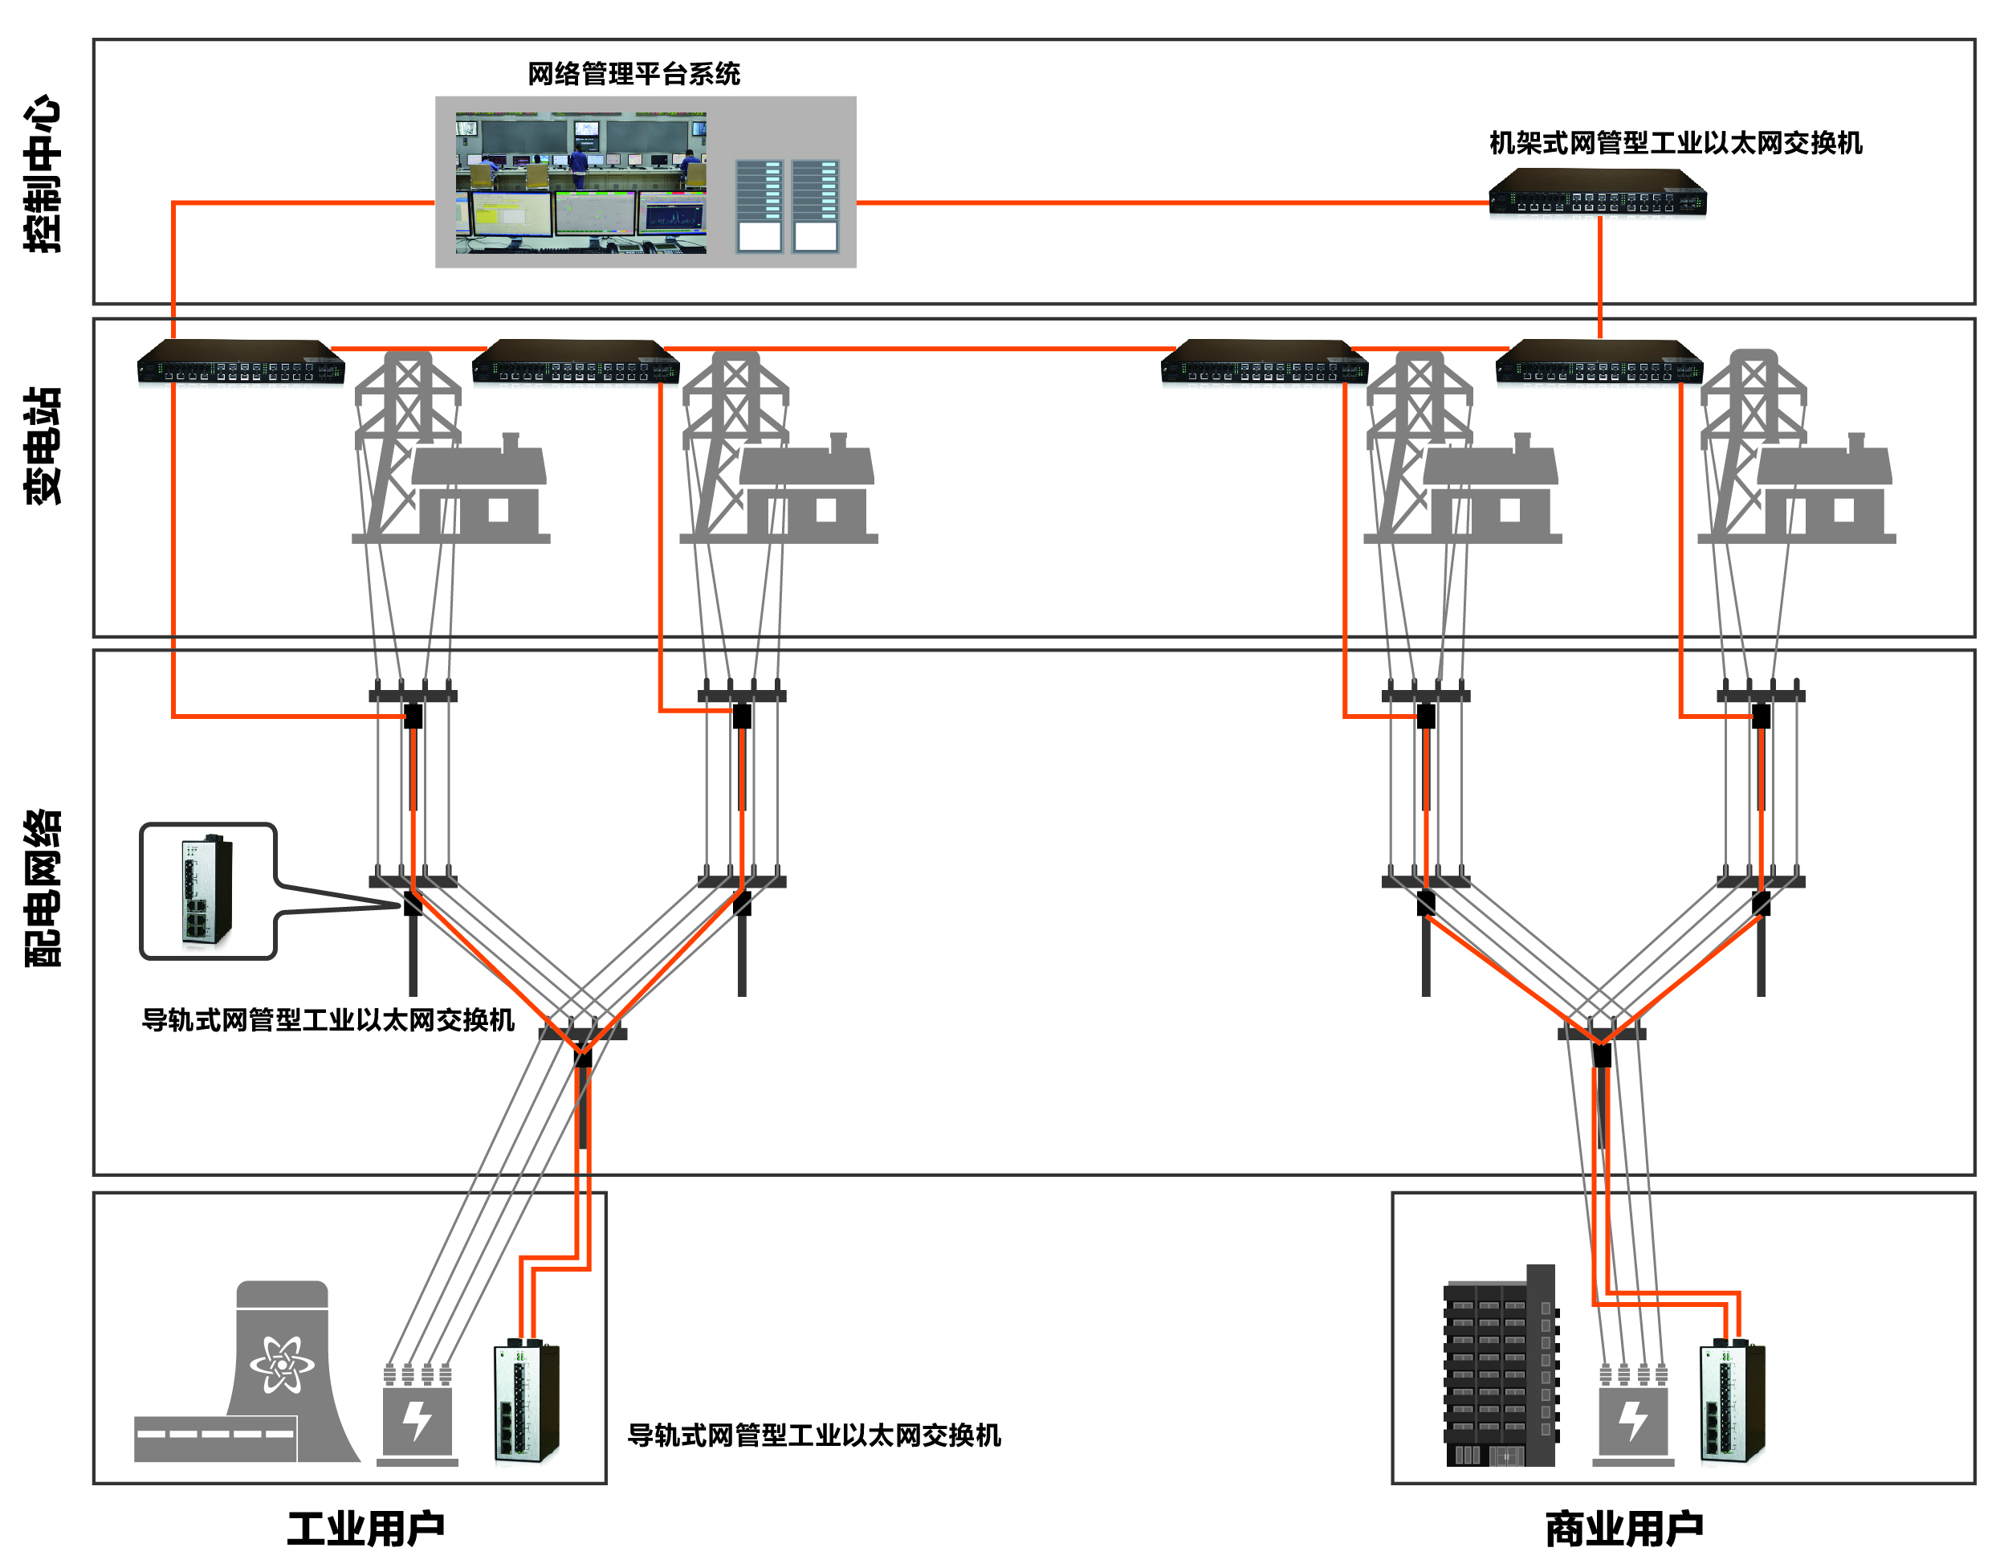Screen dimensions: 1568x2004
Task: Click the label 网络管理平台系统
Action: tap(633, 73)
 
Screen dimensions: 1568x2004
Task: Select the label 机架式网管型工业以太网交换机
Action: tap(1675, 143)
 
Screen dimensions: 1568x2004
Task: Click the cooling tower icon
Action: tap(284, 1368)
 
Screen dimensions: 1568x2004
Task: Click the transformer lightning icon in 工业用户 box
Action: tap(417, 1421)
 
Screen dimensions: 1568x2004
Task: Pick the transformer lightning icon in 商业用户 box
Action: tap(1632, 1421)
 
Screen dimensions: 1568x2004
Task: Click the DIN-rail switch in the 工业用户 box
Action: tap(527, 1402)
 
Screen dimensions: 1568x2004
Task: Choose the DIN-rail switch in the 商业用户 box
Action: tap(1732, 1402)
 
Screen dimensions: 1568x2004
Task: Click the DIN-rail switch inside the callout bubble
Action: tap(206, 891)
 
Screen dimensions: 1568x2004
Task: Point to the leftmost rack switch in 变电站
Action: tap(240, 361)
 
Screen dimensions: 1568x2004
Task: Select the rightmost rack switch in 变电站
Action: tap(1599, 361)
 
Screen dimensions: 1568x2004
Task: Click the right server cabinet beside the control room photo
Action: tap(815, 206)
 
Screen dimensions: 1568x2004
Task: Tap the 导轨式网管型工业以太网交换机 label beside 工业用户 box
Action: tap(814, 1435)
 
